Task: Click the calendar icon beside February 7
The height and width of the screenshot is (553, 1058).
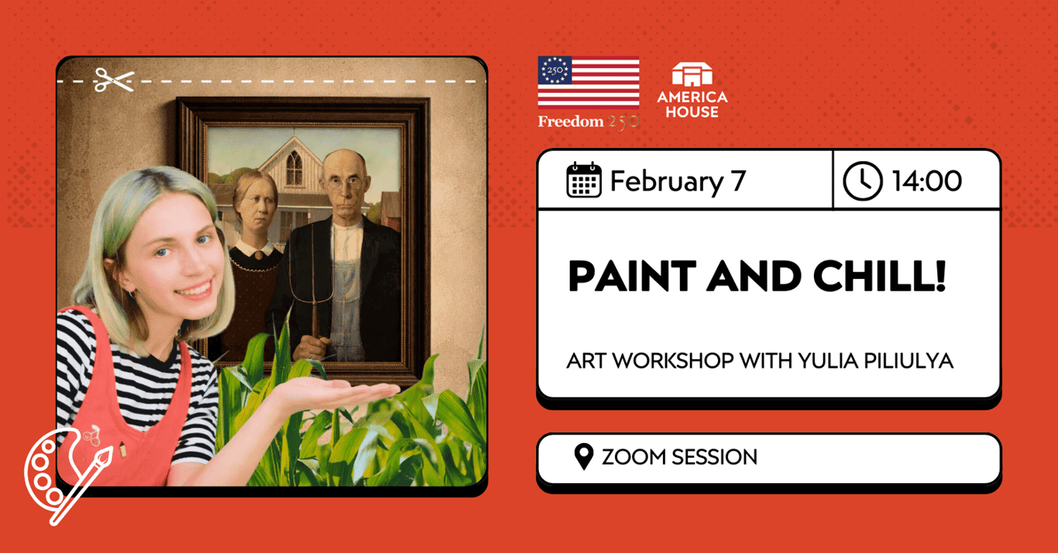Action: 584,180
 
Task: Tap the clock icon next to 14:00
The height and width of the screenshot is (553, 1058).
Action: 862,181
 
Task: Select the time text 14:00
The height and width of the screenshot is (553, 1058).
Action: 926,181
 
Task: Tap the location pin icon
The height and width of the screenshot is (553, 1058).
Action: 583,457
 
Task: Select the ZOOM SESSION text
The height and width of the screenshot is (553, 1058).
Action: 679,457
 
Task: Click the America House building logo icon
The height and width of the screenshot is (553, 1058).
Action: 692,75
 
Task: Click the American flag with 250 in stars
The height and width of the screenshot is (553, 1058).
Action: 589,81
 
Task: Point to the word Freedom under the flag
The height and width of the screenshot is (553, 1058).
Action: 569,122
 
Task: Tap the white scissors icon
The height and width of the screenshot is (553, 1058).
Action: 114,80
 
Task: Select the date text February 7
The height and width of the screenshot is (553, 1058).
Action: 678,181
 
